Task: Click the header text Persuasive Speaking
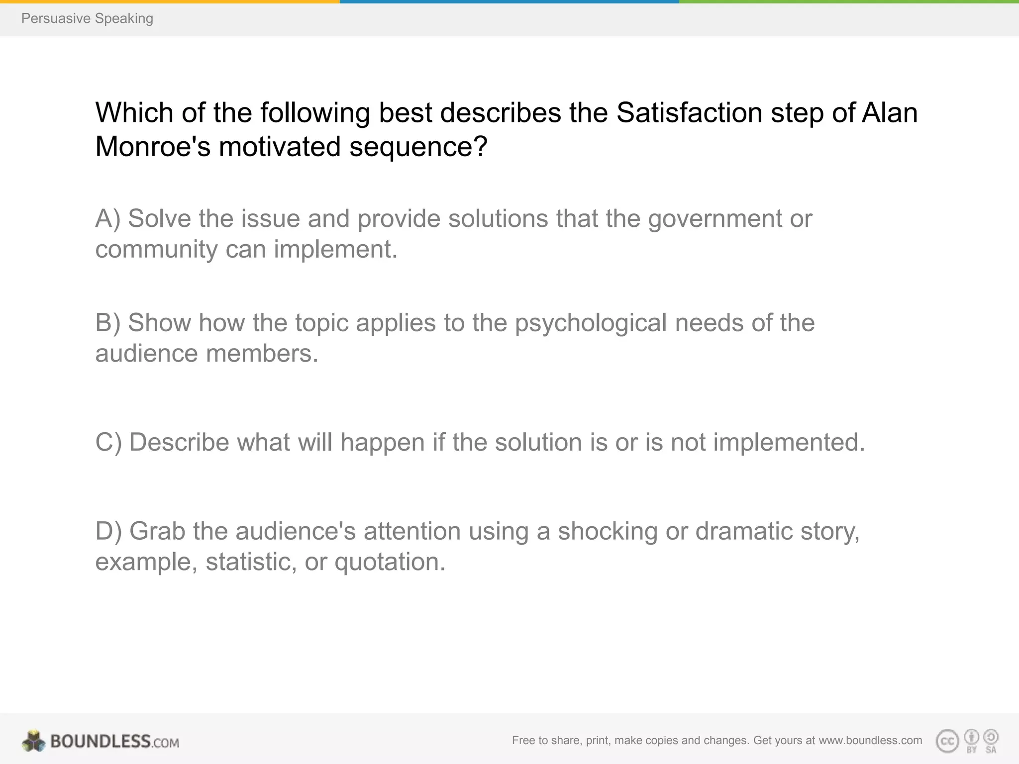[x=87, y=18]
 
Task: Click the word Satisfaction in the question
[x=689, y=112]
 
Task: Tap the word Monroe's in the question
[x=153, y=147]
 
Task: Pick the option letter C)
[x=108, y=442]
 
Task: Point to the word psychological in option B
[x=591, y=323]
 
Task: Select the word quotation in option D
[x=390, y=562]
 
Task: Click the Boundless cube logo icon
[x=33, y=741]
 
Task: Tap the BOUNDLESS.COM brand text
[x=114, y=742]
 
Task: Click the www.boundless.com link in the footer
[x=870, y=741]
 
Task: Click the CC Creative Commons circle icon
[x=947, y=742]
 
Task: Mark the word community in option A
[x=156, y=249]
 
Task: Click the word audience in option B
[x=147, y=354]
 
